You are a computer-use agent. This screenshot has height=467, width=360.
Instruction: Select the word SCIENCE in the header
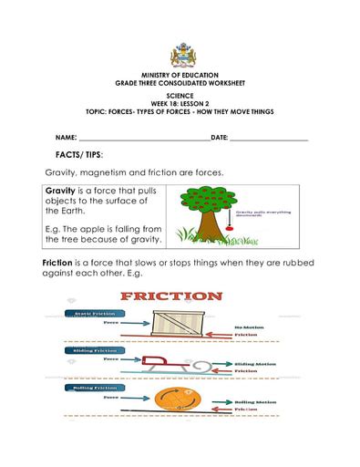[x=180, y=95]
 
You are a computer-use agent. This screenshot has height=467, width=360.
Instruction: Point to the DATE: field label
[x=219, y=137]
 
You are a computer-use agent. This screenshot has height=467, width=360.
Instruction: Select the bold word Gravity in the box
[x=64, y=191]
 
